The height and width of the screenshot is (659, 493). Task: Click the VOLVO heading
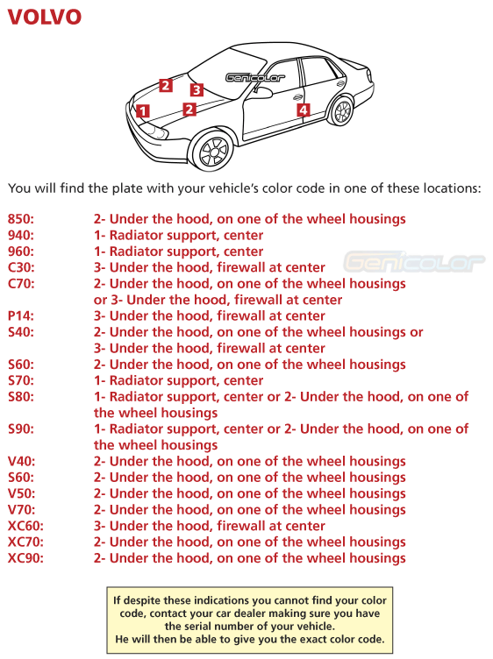pyautogui.click(x=45, y=18)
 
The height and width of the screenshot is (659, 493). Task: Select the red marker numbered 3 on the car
pyautogui.click(x=196, y=89)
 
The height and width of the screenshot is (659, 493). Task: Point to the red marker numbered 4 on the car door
pyautogui.click(x=303, y=110)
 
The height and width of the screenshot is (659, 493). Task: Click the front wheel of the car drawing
pyautogui.click(x=213, y=151)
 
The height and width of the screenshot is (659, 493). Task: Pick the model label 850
pyautogui.click(x=21, y=219)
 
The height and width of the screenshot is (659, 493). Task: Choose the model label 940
pyautogui.click(x=21, y=236)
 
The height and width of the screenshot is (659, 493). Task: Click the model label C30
pyautogui.click(x=21, y=267)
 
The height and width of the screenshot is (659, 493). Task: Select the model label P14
pyautogui.click(x=21, y=316)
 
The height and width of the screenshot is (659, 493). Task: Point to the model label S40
pyautogui.click(x=21, y=332)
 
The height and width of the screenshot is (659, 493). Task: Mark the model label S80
pyautogui.click(x=21, y=397)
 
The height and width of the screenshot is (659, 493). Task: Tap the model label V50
pyautogui.click(x=21, y=493)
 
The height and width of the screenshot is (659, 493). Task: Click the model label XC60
pyautogui.click(x=25, y=526)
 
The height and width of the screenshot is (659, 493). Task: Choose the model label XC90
pyautogui.click(x=25, y=558)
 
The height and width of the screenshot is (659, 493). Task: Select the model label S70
pyautogui.click(x=21, y=380)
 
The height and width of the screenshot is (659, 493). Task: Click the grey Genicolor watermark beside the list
pyautogui.click(x=413, y=261)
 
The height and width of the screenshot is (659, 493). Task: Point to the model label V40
pyautogui.click(x=21, y=461)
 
